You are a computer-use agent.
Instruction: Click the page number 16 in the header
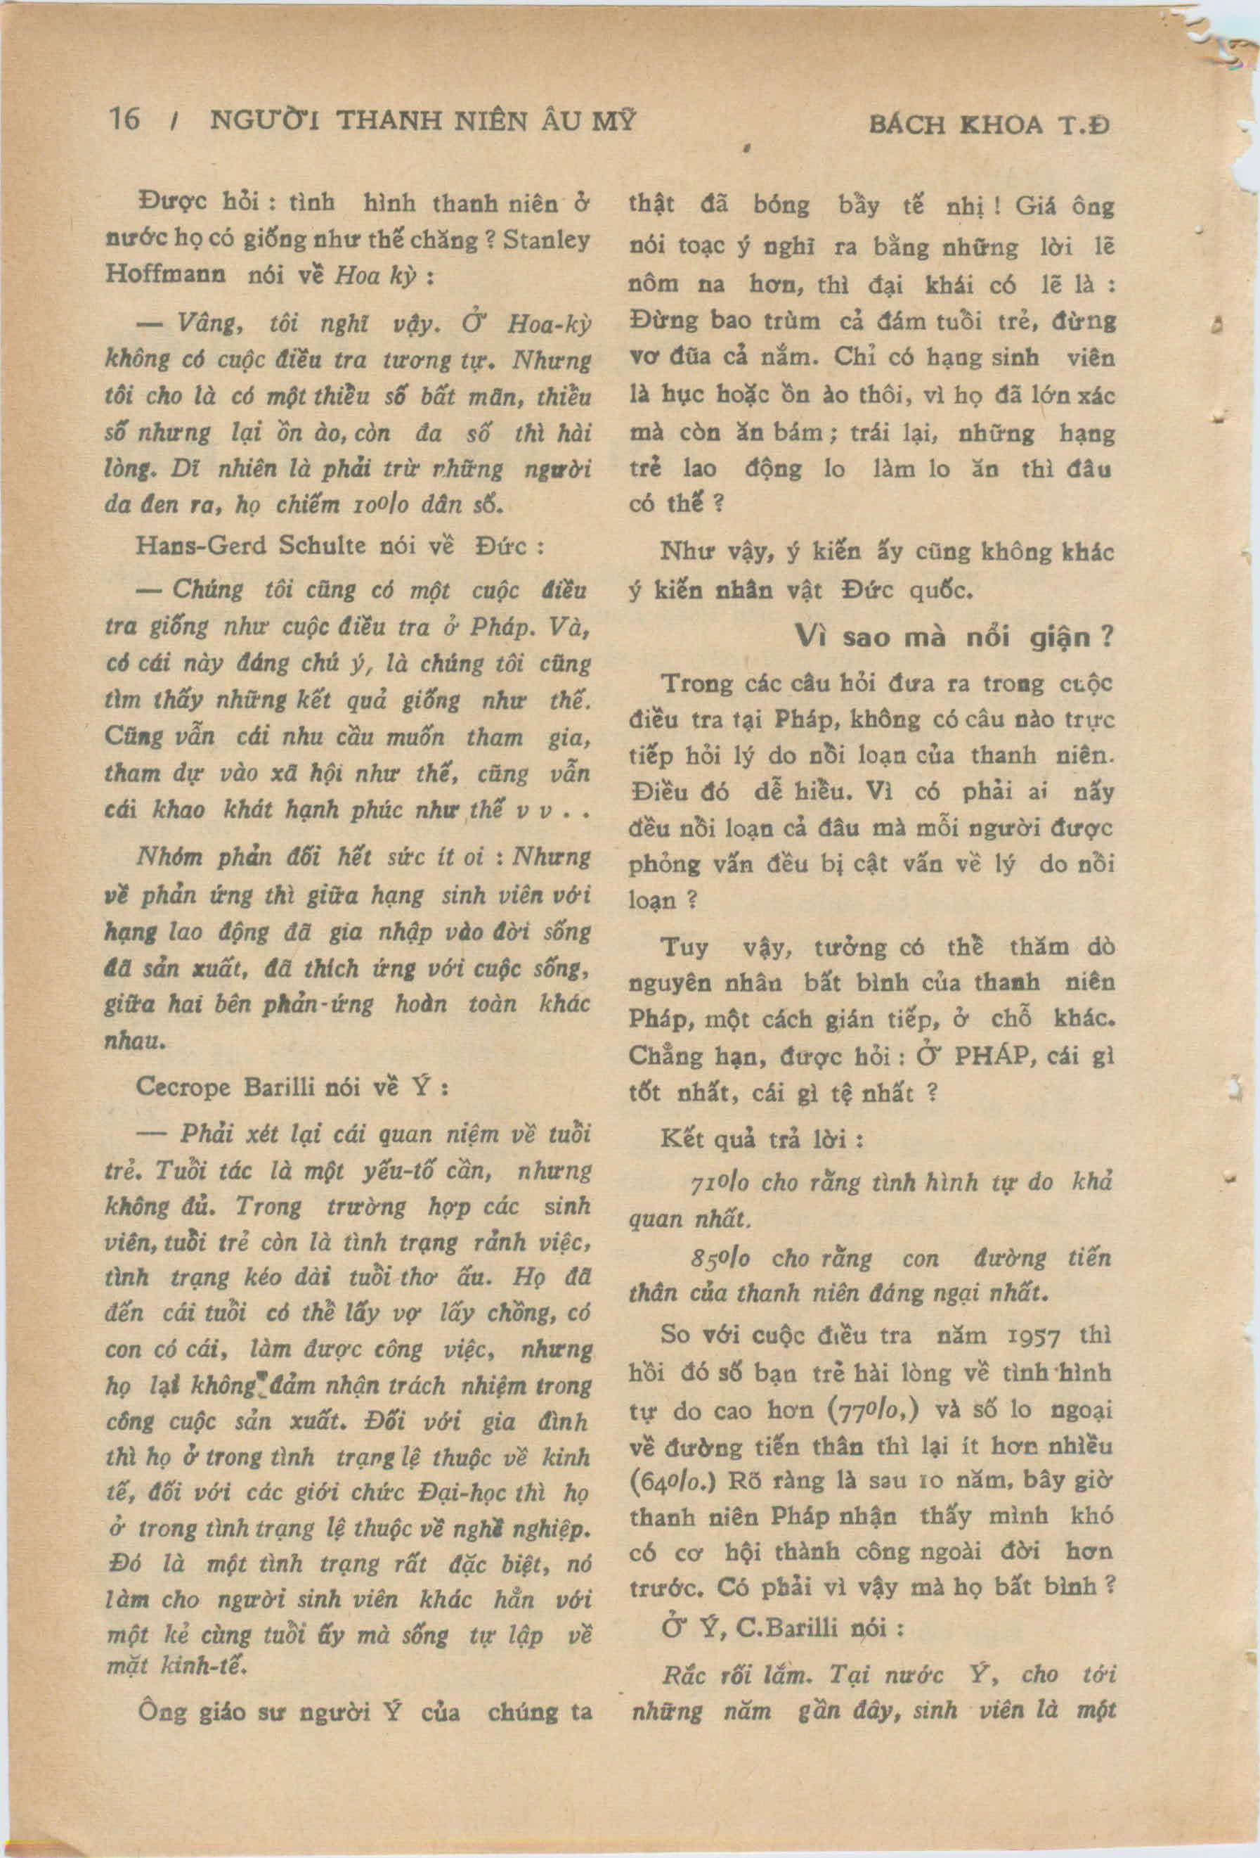point(124,120)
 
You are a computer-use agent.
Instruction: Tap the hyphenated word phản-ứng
point(329,1004)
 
